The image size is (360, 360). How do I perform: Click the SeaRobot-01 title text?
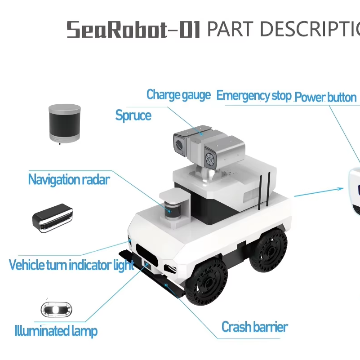tap(133, 29)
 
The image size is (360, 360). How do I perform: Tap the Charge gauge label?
tap(178, 95)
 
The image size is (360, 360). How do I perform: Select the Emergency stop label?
tap(254, 96)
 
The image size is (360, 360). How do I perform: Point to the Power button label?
tap(325, 97)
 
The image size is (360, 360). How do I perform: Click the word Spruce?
tap(133, 116)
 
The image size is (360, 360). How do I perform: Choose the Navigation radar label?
tap(69, 179)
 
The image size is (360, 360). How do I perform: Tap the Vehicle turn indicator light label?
tap(71, 265)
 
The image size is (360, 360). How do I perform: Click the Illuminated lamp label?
tap(56, 331)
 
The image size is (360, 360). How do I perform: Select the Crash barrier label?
tap(255, 327)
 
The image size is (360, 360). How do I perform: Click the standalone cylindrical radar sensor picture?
tap(65, 124)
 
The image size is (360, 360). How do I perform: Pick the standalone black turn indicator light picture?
tap(53, 218)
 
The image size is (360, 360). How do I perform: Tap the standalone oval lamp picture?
tap(56, 310)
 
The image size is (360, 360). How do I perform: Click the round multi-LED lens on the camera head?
tap(209, 159)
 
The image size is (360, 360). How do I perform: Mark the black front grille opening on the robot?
tap(146, 255)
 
